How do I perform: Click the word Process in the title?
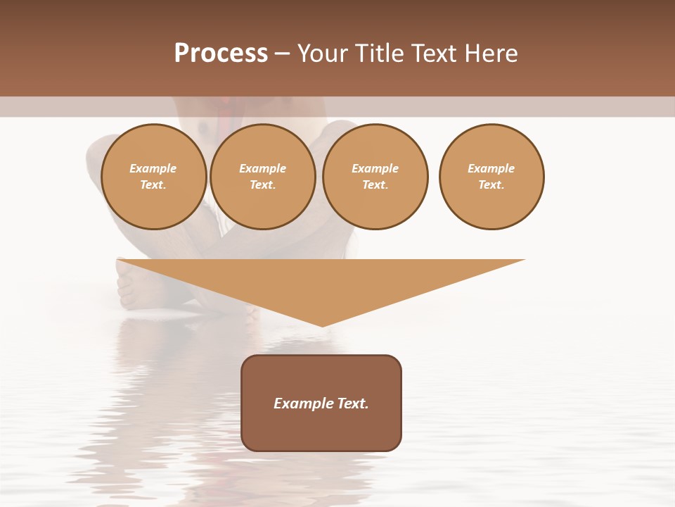(221, 54)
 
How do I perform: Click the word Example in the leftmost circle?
(153, 168)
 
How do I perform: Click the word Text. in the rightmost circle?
(491, 184)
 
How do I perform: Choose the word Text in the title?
(431, 54)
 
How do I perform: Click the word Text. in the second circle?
(262, 184)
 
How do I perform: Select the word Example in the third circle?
(375, 168)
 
